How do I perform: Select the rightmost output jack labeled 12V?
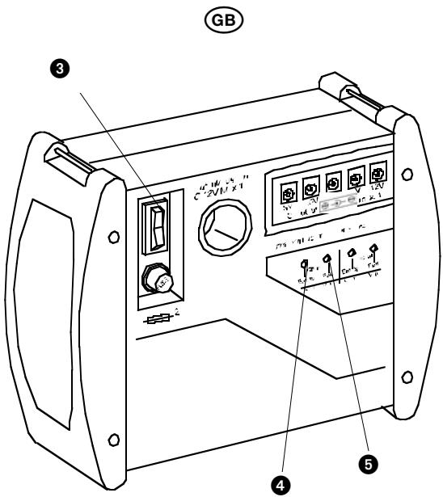point(377,174)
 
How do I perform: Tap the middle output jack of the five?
point(332,183)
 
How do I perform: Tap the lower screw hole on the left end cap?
point(114,437)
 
